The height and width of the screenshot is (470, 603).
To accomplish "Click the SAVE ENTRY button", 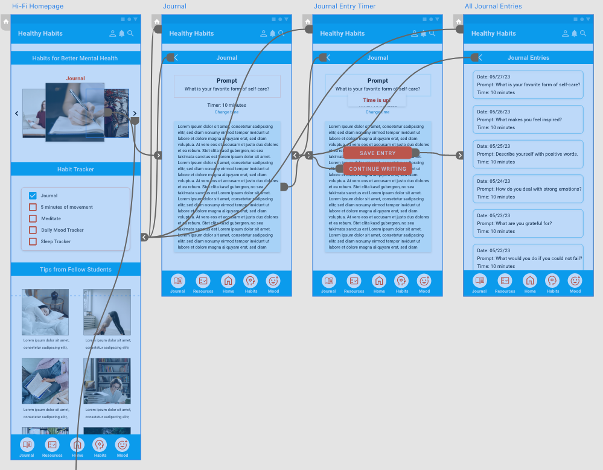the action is coord(378,153).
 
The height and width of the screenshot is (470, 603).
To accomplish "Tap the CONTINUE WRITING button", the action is coord(378,169).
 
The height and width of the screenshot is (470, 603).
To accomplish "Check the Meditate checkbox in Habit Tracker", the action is coord(33,218).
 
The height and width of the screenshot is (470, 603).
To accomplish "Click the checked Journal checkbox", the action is coord(33,195).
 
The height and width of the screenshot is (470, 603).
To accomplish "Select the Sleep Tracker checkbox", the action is coord(33,241).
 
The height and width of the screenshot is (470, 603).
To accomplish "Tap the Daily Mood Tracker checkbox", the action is coord(33,230).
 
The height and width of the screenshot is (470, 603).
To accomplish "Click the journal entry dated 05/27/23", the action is coord(528,84).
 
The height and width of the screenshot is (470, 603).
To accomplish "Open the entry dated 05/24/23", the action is coord(528,189).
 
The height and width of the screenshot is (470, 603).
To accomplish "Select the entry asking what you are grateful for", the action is coord(528,223).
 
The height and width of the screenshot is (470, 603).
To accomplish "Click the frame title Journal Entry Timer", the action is coord(345,6).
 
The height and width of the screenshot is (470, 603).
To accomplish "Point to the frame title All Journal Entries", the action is coord(493,6).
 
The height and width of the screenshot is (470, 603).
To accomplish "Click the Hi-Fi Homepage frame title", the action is coord(37,6).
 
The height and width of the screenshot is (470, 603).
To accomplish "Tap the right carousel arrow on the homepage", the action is coord(135,113).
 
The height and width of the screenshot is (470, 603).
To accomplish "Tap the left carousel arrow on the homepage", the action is coord(16,113).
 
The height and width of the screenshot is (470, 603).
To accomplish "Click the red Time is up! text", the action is coord(377,100).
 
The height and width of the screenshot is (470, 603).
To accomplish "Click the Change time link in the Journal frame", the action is coord(226,112).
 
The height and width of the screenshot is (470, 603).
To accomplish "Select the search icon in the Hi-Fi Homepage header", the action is coord(130,33).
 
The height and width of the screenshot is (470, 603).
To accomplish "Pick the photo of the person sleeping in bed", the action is coord(45,312).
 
